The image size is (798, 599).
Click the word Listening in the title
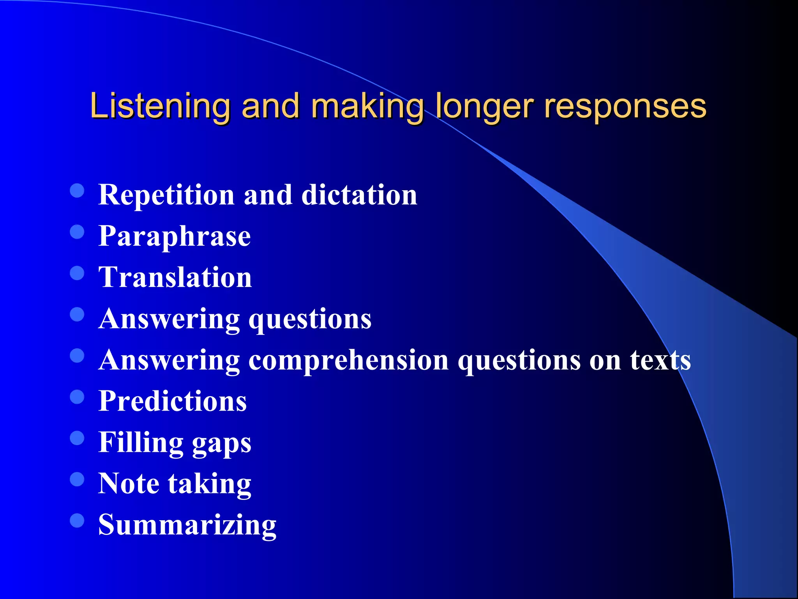tap(160, 106)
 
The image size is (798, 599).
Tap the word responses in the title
tap(625, 106)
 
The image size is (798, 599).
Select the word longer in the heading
tap(484, 106)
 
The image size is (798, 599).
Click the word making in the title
tap(367, 106)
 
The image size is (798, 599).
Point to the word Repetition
tap(166, 195)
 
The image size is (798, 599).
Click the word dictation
tap(359, 195)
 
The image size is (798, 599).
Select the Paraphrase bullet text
tap(175, 236)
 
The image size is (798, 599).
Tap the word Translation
tap(175, 277)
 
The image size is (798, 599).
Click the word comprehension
tap(348, 360)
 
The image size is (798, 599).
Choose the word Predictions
tap(173, 401)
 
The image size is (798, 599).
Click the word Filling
tap(141, 442)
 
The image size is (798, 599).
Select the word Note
tap(129, 484)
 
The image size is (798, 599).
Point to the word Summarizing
tap(187, 525)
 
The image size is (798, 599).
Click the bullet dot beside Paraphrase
tap(77, 232)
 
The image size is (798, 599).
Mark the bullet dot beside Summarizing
tap(77, 520)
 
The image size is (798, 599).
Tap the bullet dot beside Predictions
tap(77, 397)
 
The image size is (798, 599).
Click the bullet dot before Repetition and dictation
tap(77, 190)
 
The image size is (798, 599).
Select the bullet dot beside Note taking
tap(77, 479)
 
